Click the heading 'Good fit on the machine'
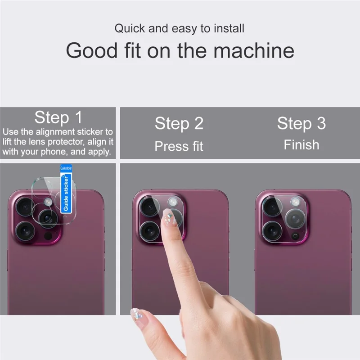180,50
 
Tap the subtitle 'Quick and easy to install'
179,28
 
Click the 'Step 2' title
179,123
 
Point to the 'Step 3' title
301,123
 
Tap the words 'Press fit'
179,146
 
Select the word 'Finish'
301,145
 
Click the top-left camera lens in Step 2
148,207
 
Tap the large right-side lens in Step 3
294,219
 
